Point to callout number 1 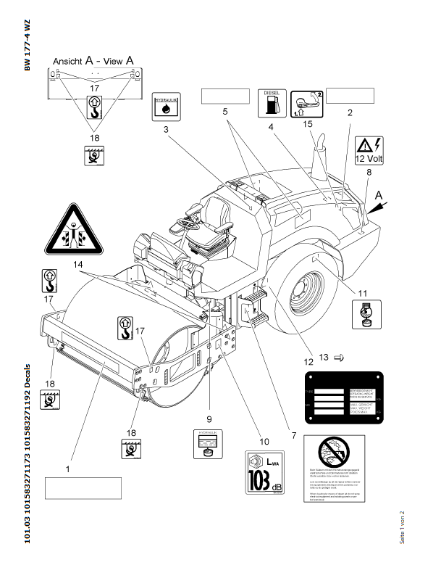click(x=68, y=469)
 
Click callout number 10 click(x=264, y=440)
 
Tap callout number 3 click(x=166, y=129)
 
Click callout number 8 click(x=369, y=172)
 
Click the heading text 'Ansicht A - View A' click(x=93, y=62)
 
